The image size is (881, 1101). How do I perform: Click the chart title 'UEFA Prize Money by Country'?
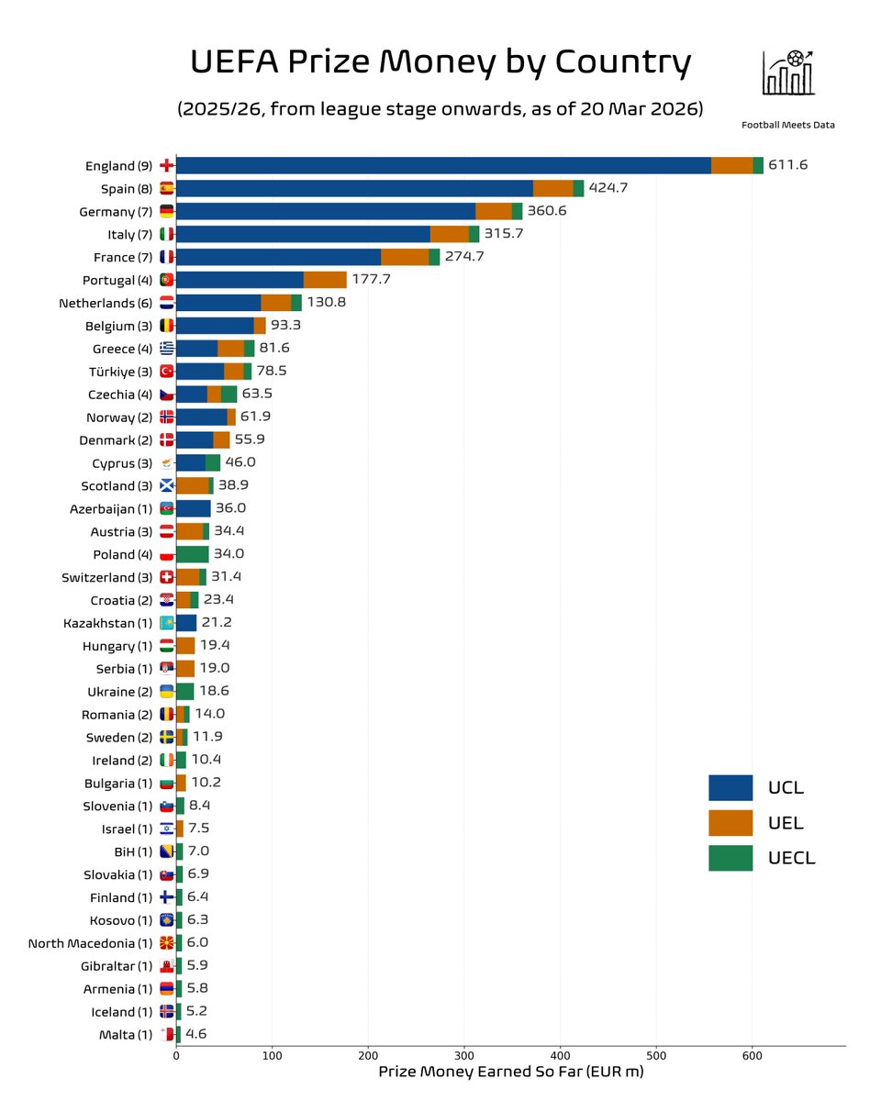(x=440, y=62)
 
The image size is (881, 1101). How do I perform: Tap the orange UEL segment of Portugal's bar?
(x=325, y=280)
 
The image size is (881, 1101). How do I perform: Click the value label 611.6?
(x=788, y=165)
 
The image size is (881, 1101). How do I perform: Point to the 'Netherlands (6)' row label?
(x=114, y=303)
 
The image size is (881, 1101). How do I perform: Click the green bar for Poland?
(x=192, y=554)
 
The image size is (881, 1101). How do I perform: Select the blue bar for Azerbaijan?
(x=193, y=508)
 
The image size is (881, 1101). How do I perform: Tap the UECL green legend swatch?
(x=730, y=858)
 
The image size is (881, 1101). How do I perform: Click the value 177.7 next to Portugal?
(x=372, y=280)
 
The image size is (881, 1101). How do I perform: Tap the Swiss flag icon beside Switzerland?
(x=166, y=577)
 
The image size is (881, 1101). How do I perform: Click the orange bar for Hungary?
(x=185, y=645)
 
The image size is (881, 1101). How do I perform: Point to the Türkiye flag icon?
(x=166, y=372)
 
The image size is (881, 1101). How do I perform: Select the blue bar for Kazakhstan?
(x=186, y=623)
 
